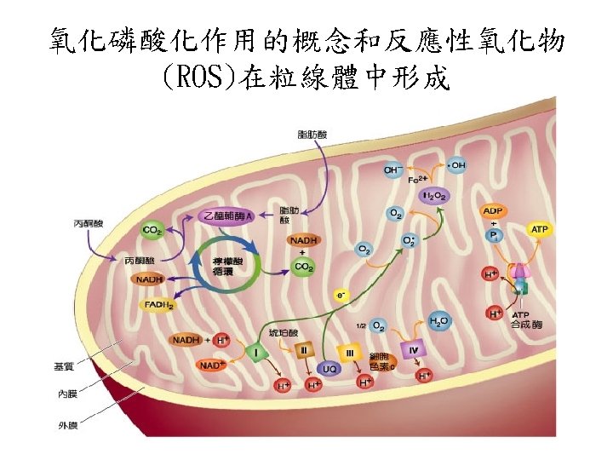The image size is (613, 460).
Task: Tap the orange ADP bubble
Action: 493,210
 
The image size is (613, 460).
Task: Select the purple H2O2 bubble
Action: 434,195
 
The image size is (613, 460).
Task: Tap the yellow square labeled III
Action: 350,351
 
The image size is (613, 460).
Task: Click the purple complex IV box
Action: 413,349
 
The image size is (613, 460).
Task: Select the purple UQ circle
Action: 329,369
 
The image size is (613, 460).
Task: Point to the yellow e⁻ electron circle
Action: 341,295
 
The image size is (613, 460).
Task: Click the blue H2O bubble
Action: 439,321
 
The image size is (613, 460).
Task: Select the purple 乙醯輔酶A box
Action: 226,217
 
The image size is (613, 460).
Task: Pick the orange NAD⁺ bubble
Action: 210,365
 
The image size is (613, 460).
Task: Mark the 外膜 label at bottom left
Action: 67,424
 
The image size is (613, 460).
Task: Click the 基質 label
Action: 64,366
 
